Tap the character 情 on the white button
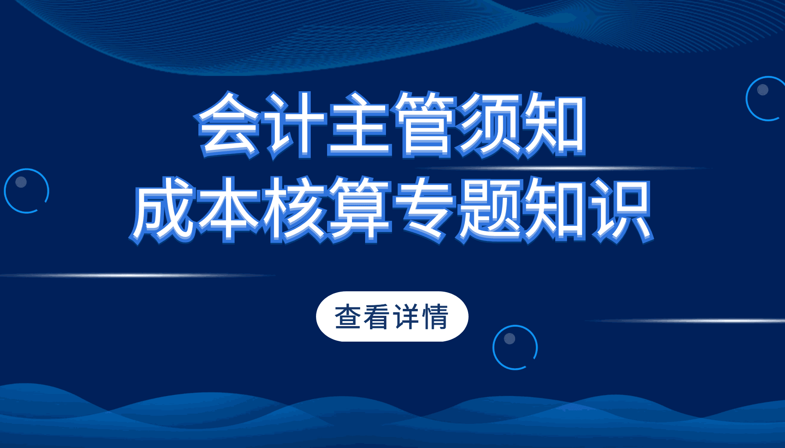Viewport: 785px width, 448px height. [x=436, y=317]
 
